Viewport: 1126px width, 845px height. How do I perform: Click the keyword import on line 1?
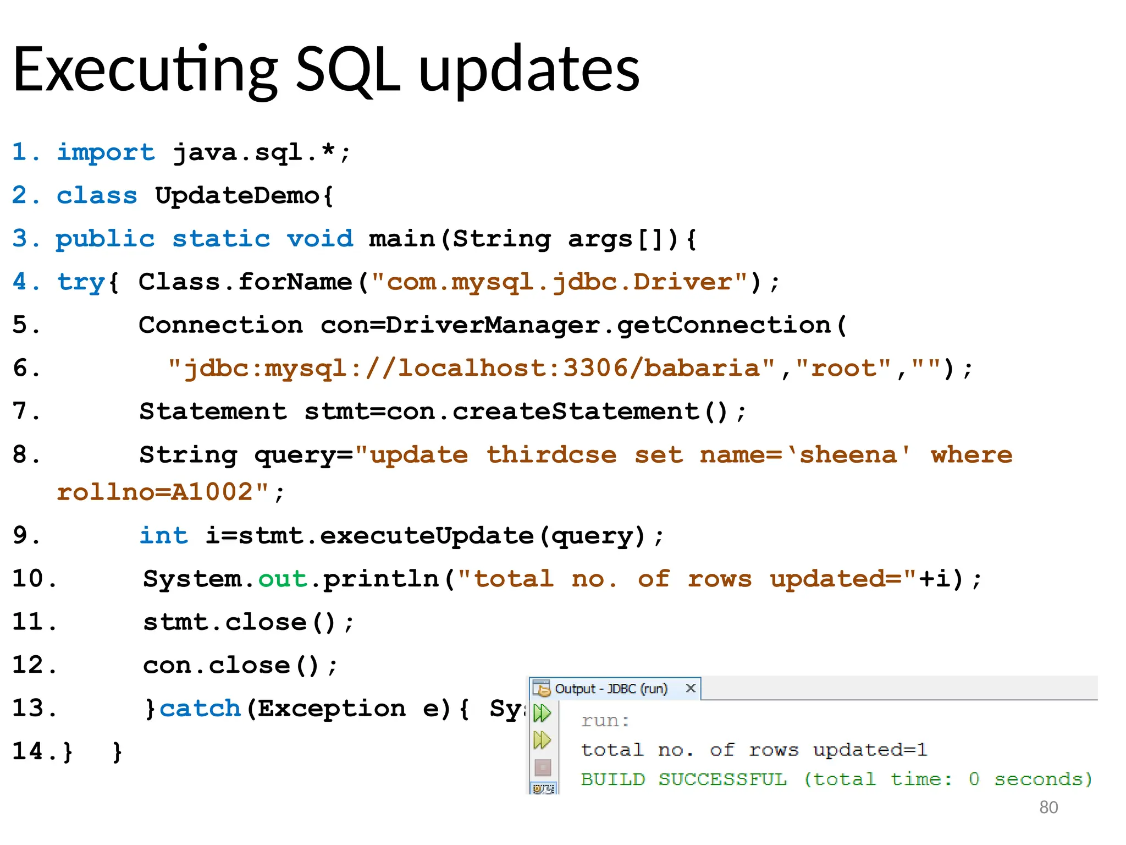click(106, 152)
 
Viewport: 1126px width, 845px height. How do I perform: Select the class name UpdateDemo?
click(236, 195)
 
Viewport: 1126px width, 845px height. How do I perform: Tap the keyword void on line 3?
click(319, 239)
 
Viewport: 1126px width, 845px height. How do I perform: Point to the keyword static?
click(221, 239)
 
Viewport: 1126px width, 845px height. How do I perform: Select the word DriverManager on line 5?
click(492, 325)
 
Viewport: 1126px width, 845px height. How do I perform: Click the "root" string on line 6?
click(843, 368)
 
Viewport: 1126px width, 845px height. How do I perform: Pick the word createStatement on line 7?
click(575, 411)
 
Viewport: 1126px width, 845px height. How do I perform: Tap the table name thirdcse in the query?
click(551, 455)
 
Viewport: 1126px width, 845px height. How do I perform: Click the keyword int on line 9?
click(163, 535)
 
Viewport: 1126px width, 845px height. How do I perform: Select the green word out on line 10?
click(283, 579)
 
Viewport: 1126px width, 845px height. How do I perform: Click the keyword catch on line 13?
click(200, 709)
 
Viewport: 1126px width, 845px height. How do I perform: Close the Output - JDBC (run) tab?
click(691, 688)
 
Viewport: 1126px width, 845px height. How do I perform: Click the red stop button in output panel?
click(543, 767)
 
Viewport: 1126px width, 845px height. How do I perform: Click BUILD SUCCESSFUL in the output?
click(683, 780)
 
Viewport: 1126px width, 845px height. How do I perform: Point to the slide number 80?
click(1048, 808)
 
